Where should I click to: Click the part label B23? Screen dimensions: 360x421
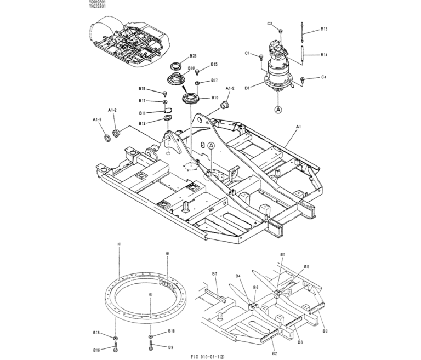[193, 56]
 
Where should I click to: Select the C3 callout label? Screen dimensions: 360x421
[270, 24]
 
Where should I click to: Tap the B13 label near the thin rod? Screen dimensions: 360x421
[324, 28]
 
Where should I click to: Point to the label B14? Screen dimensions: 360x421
[324, 55]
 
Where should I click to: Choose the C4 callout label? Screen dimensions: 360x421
[324, 78]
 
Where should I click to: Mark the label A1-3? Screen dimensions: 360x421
[96, 119]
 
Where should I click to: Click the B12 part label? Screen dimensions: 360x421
[142, 123]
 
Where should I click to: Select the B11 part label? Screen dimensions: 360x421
[142, 113]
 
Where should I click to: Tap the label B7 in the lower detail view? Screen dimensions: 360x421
[215, 273]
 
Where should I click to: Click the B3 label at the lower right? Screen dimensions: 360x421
[325, 332]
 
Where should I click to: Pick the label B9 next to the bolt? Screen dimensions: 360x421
[170, 347]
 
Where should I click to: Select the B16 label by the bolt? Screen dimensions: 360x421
[96, 350]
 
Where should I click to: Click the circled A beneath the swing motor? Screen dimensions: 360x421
[278, 109]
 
